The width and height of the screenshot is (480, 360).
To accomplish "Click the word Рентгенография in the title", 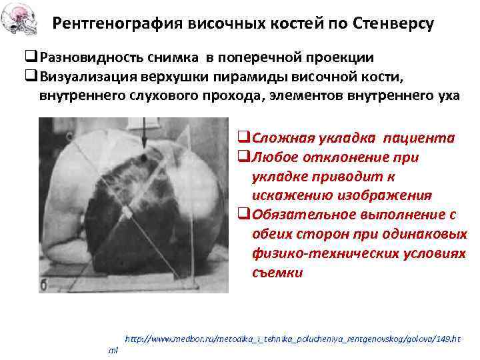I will tap(111, 24).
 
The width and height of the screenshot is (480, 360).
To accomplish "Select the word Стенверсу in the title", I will tap(393, 24).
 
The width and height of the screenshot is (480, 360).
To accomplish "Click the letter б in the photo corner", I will tap(45, 286).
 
